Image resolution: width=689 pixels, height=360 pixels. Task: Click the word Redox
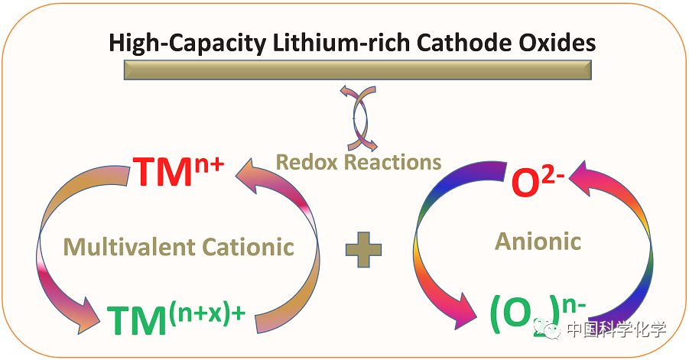[x=307, y=162]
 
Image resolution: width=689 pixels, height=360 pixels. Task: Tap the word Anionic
[x=538, y=242]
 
